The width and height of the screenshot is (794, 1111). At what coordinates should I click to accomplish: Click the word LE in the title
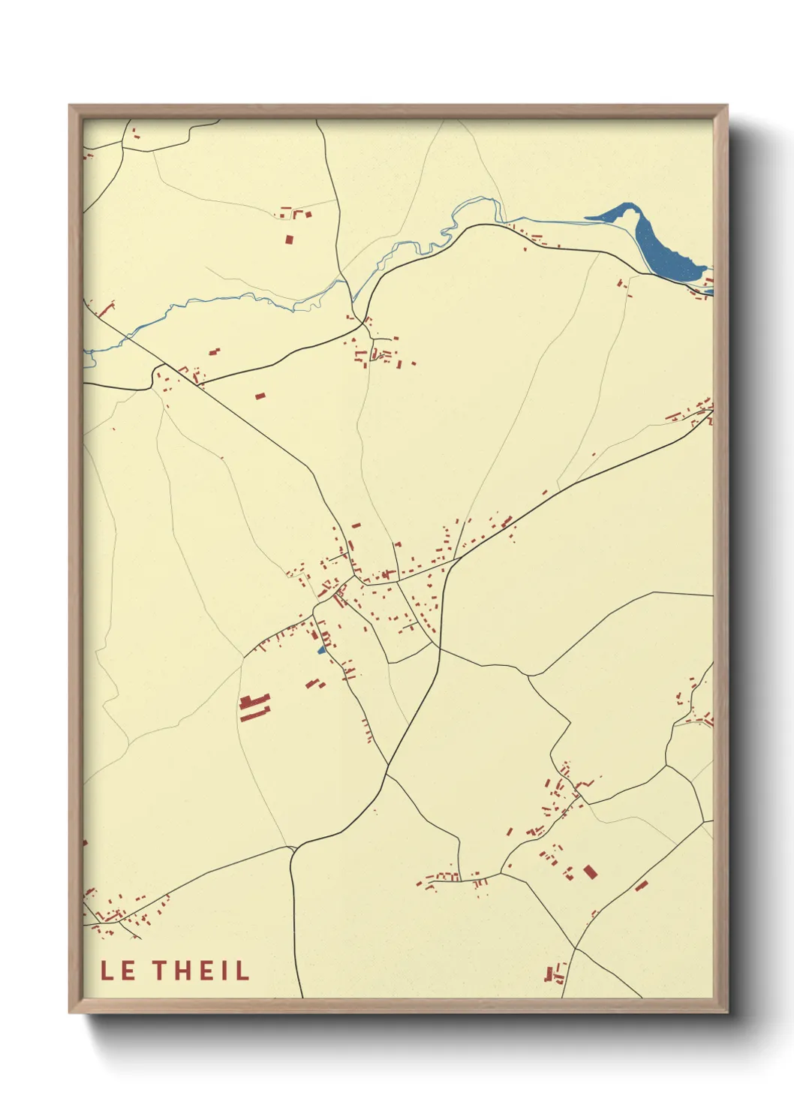coord(118,971)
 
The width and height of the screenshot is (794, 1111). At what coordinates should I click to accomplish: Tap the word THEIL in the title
coord(201,971)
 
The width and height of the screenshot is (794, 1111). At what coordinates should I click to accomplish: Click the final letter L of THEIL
coord(242,971)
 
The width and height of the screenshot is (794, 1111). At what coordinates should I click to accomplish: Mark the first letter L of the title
coord(107,971)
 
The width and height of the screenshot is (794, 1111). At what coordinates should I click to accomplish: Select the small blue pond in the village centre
coord(321,650)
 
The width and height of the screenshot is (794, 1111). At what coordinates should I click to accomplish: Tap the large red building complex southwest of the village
coord(254,708)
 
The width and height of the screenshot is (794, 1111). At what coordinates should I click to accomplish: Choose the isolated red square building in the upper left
coord(290,239)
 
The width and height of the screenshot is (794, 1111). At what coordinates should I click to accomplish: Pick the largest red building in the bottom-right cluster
coord(589,872)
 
